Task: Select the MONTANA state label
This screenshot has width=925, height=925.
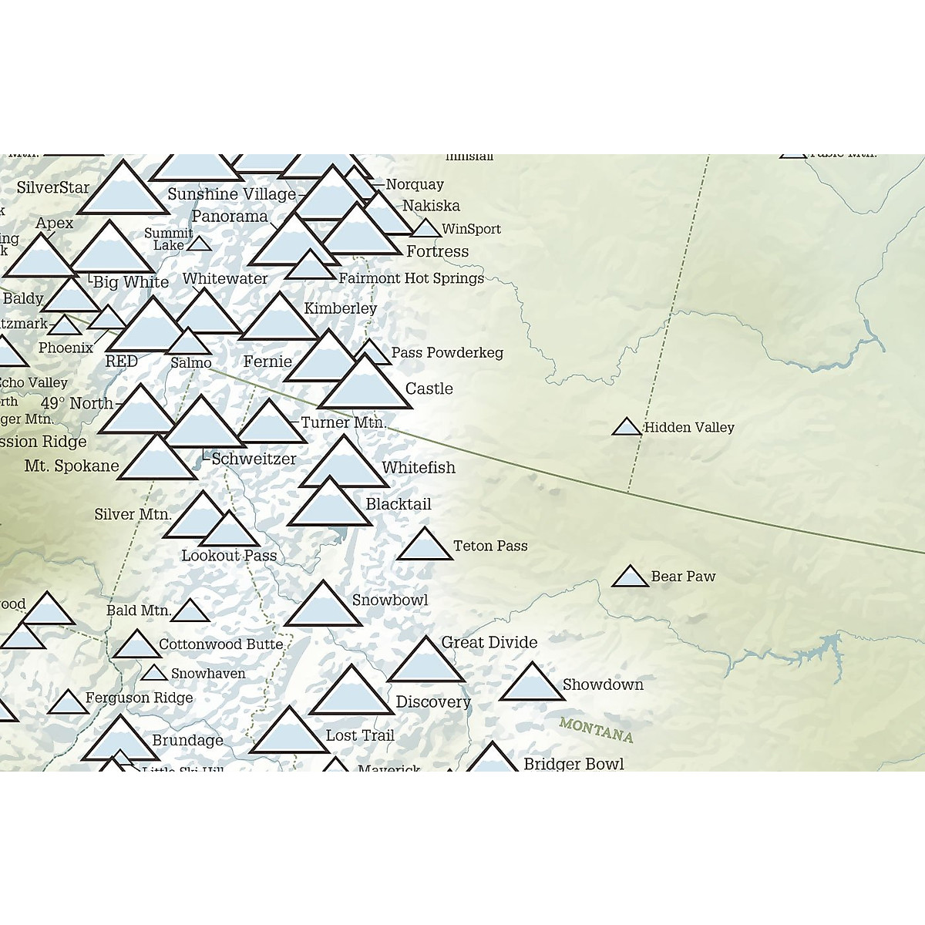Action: pos(596,729)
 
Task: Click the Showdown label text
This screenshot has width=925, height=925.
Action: pos(603,684)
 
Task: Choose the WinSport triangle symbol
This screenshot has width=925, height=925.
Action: pos(425,229)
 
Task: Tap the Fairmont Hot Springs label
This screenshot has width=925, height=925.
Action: pos(412,278)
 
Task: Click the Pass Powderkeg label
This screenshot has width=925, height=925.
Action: pos(447,352)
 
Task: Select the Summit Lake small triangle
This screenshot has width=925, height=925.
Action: pos(200,244)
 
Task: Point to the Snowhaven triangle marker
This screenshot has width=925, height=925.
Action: pos(154,674)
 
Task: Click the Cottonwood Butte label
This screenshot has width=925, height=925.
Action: pos(221,644)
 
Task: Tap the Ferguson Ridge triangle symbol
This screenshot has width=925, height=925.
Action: pos(68,703)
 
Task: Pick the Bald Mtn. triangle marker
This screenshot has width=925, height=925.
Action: pos(190,612)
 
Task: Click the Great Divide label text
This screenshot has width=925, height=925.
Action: pos(489,642)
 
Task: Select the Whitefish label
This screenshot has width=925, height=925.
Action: pos(419,467)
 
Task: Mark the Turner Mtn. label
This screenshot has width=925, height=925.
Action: pos(344,422)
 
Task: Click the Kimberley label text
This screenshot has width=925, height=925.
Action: pos(341,308)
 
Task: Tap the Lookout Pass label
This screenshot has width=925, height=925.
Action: pos(229,556)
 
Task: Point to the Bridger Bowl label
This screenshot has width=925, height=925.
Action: pos(573,764)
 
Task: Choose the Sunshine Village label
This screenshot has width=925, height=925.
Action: pos(231,194)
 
